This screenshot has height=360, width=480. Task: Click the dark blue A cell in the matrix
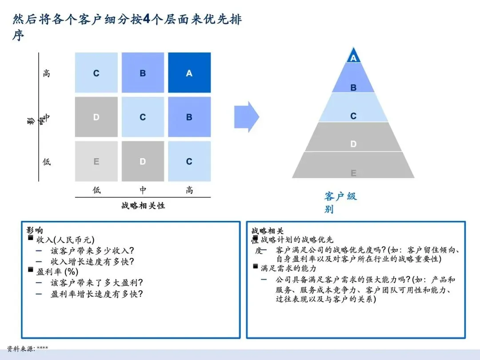(189, 73)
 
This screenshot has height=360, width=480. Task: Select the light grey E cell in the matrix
(96, 162)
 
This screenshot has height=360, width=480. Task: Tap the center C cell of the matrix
(143, 117)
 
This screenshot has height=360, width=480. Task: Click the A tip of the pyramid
(353, 58)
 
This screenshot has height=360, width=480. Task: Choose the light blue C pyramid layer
(353, 116)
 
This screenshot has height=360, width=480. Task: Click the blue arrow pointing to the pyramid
(246, 117)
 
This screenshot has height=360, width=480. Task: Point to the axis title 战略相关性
(143, 206)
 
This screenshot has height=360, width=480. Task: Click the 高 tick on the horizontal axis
(189, 190)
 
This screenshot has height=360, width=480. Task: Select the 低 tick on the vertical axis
(47, 162)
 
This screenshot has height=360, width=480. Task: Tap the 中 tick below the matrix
(143, 190)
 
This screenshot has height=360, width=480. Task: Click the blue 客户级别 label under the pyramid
(340, 202)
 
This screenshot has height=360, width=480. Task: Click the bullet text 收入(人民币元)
(65, 240)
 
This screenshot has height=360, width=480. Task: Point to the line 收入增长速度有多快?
(92, 261)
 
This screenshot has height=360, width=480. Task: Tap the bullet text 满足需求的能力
(288, 268)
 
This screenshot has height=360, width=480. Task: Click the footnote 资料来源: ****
(28, 348)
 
